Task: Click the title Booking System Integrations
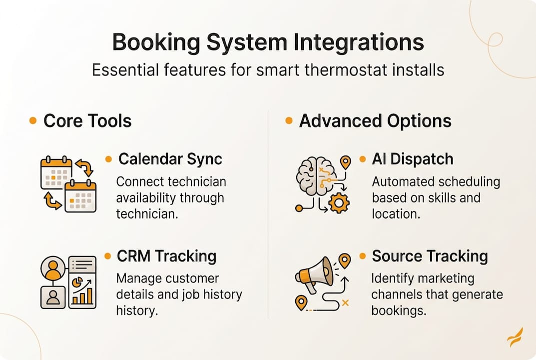tap(268, 43)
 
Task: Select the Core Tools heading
tap(87, 121)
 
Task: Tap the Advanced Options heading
tap(375, 121)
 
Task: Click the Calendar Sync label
tap(170, 159)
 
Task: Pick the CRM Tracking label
tap(166, 256)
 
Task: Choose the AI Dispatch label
tap(412, 159)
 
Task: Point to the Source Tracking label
tap(430, 256)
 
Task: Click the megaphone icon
tap(314, 274)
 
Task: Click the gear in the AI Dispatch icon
tap(339, 202)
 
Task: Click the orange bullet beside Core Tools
tap(33, 121)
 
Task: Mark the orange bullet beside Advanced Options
tap(289, 121)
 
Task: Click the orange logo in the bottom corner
tap(515, 337)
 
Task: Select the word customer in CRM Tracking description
tap(192, 278)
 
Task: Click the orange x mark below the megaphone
tap(345, 302)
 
